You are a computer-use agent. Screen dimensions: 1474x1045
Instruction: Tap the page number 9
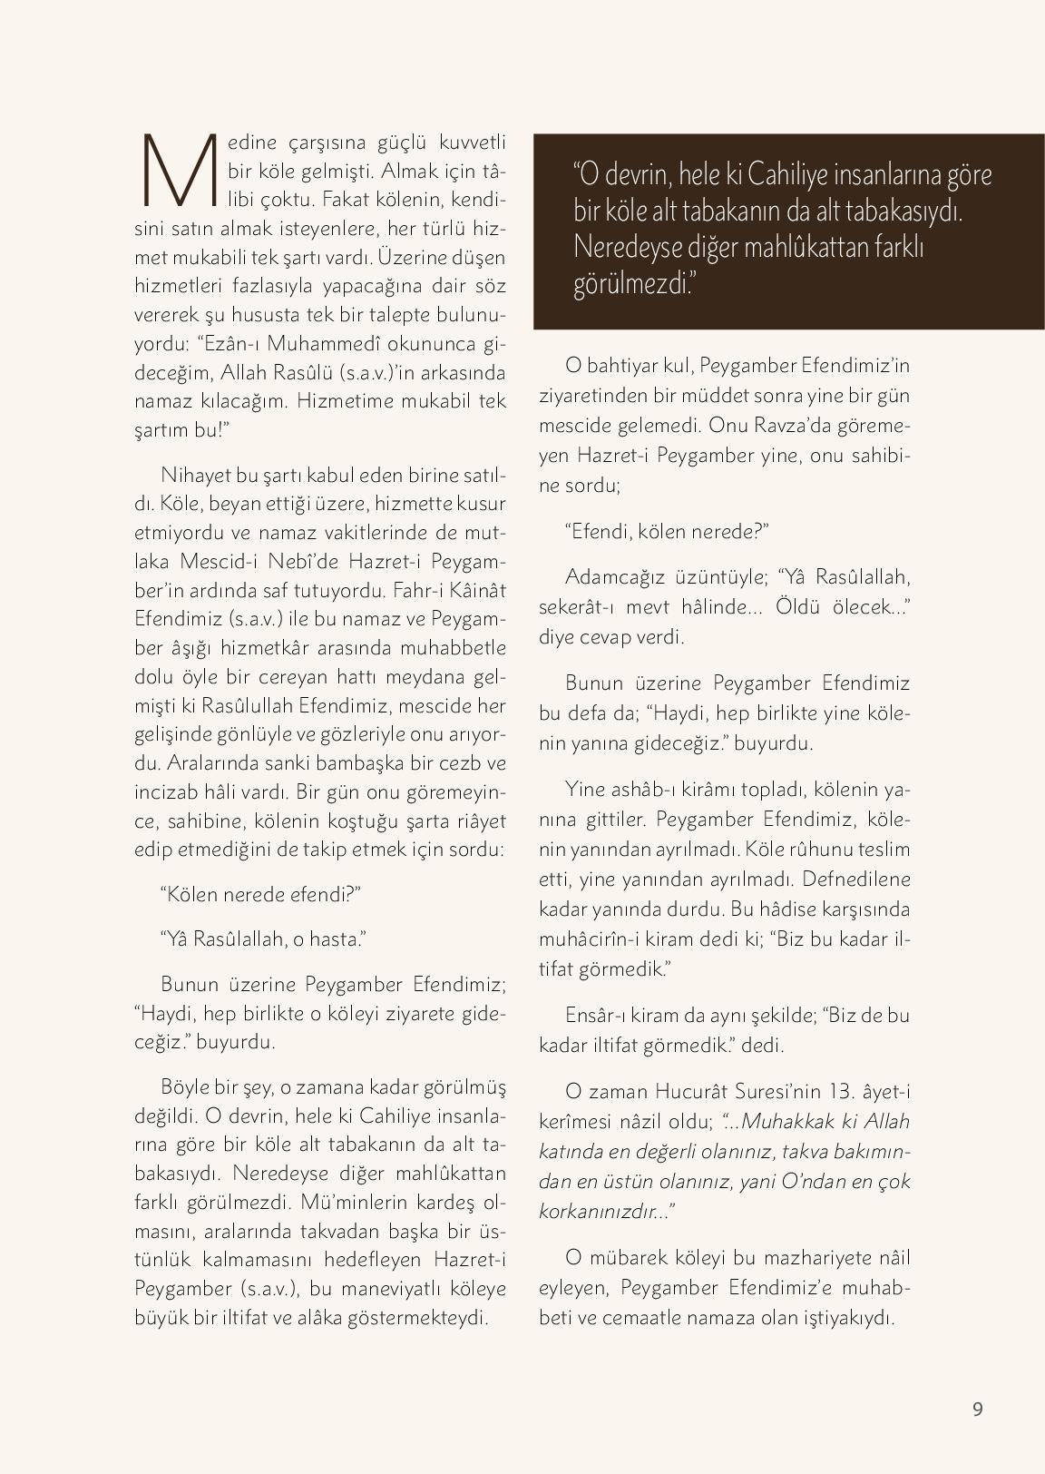coord(977,1409)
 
